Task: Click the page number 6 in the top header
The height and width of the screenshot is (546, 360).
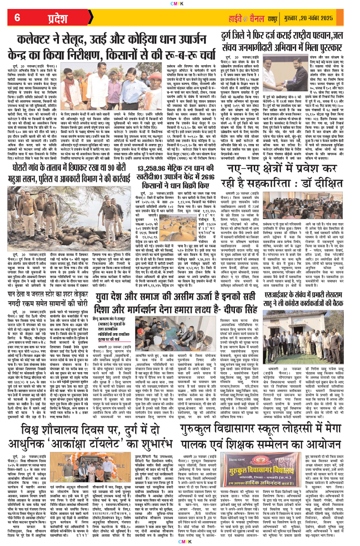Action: click(x=18, y=18)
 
